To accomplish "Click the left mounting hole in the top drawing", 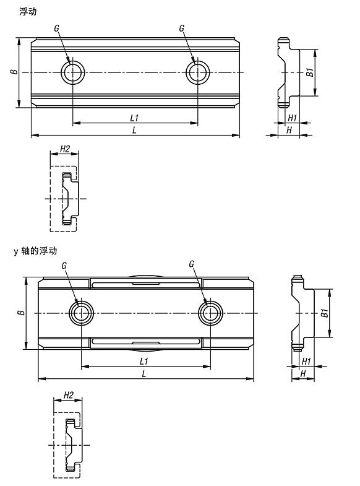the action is click(x=73, y=72).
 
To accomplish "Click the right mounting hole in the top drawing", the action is click(x=198, y=72).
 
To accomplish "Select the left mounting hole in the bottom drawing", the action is click(x=81, y=313).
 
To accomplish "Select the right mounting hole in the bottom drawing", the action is click(x=210, y=313).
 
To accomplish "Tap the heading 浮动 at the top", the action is click(x=28, y=12).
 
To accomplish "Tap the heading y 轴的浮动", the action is click(x=35, y=251).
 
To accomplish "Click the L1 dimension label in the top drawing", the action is click(x=134, y=118).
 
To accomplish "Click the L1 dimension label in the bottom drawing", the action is click(x=144, y=361).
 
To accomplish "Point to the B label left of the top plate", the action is click(x=14, y=72).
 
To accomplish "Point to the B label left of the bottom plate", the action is click(x=21, y=312).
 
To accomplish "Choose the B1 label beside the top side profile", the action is click(x=310, y=72).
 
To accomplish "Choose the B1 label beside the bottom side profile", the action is click(x=324, y=313).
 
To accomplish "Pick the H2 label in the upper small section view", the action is click(x=65, y=149).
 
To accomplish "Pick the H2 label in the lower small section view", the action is click(x=69, y=395).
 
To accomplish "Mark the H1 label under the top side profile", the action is click(x=292, y=118).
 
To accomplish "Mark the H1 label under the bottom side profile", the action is click(x=306, y=361).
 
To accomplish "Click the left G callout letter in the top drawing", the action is click(x=56, y=28).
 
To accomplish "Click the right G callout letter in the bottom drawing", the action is click(x=191, y=264).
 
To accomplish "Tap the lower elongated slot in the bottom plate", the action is click(x=146, y=342).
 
